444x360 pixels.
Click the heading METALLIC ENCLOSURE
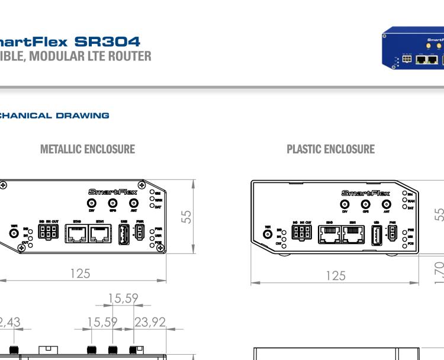(x=87, y=149)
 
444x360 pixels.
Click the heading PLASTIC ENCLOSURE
(x=330, y=149)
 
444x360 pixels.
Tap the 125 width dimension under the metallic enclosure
(x=80, y=273)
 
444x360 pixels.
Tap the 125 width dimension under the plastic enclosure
(x=335, y=275)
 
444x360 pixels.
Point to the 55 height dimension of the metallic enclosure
(x=187, y=217)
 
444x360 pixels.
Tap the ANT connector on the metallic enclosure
(x=131, y=204)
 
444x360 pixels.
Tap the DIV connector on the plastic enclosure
(x=345, y=205)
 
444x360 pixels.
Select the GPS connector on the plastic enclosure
(x=366, y=205)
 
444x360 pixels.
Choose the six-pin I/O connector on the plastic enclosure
(x=301, y=233)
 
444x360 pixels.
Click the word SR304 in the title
(x=107, y=42)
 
